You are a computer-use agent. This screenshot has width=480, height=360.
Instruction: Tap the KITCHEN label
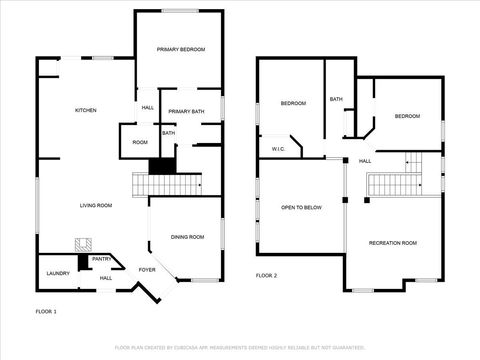pos(85,110)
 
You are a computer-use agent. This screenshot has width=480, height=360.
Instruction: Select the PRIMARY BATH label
pos(186,111)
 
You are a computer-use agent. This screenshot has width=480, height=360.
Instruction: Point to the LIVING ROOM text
pos(96,205)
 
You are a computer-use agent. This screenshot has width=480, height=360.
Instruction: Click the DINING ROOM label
pos(187,237)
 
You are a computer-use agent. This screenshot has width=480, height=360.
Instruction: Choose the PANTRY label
pos(102,259)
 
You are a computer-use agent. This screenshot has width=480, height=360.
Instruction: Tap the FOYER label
pos(147,270)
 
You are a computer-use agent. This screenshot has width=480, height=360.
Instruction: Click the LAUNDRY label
pos(57,272)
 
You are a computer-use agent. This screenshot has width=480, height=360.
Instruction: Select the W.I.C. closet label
pos(279,150)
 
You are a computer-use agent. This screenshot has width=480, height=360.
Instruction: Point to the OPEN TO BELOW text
pos(301,207)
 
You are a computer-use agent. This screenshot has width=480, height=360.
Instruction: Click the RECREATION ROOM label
pos(392,243)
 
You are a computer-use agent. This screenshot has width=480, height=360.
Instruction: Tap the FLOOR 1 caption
pos(46,312)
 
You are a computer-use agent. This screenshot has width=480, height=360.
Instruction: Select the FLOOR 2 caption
pos(266,275)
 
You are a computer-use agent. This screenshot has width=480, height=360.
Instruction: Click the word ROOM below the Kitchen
pos(140,142)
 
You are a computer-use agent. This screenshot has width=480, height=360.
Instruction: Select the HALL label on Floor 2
pos(365,161)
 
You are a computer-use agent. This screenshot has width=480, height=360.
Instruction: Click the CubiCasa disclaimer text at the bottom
pos(240,347)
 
